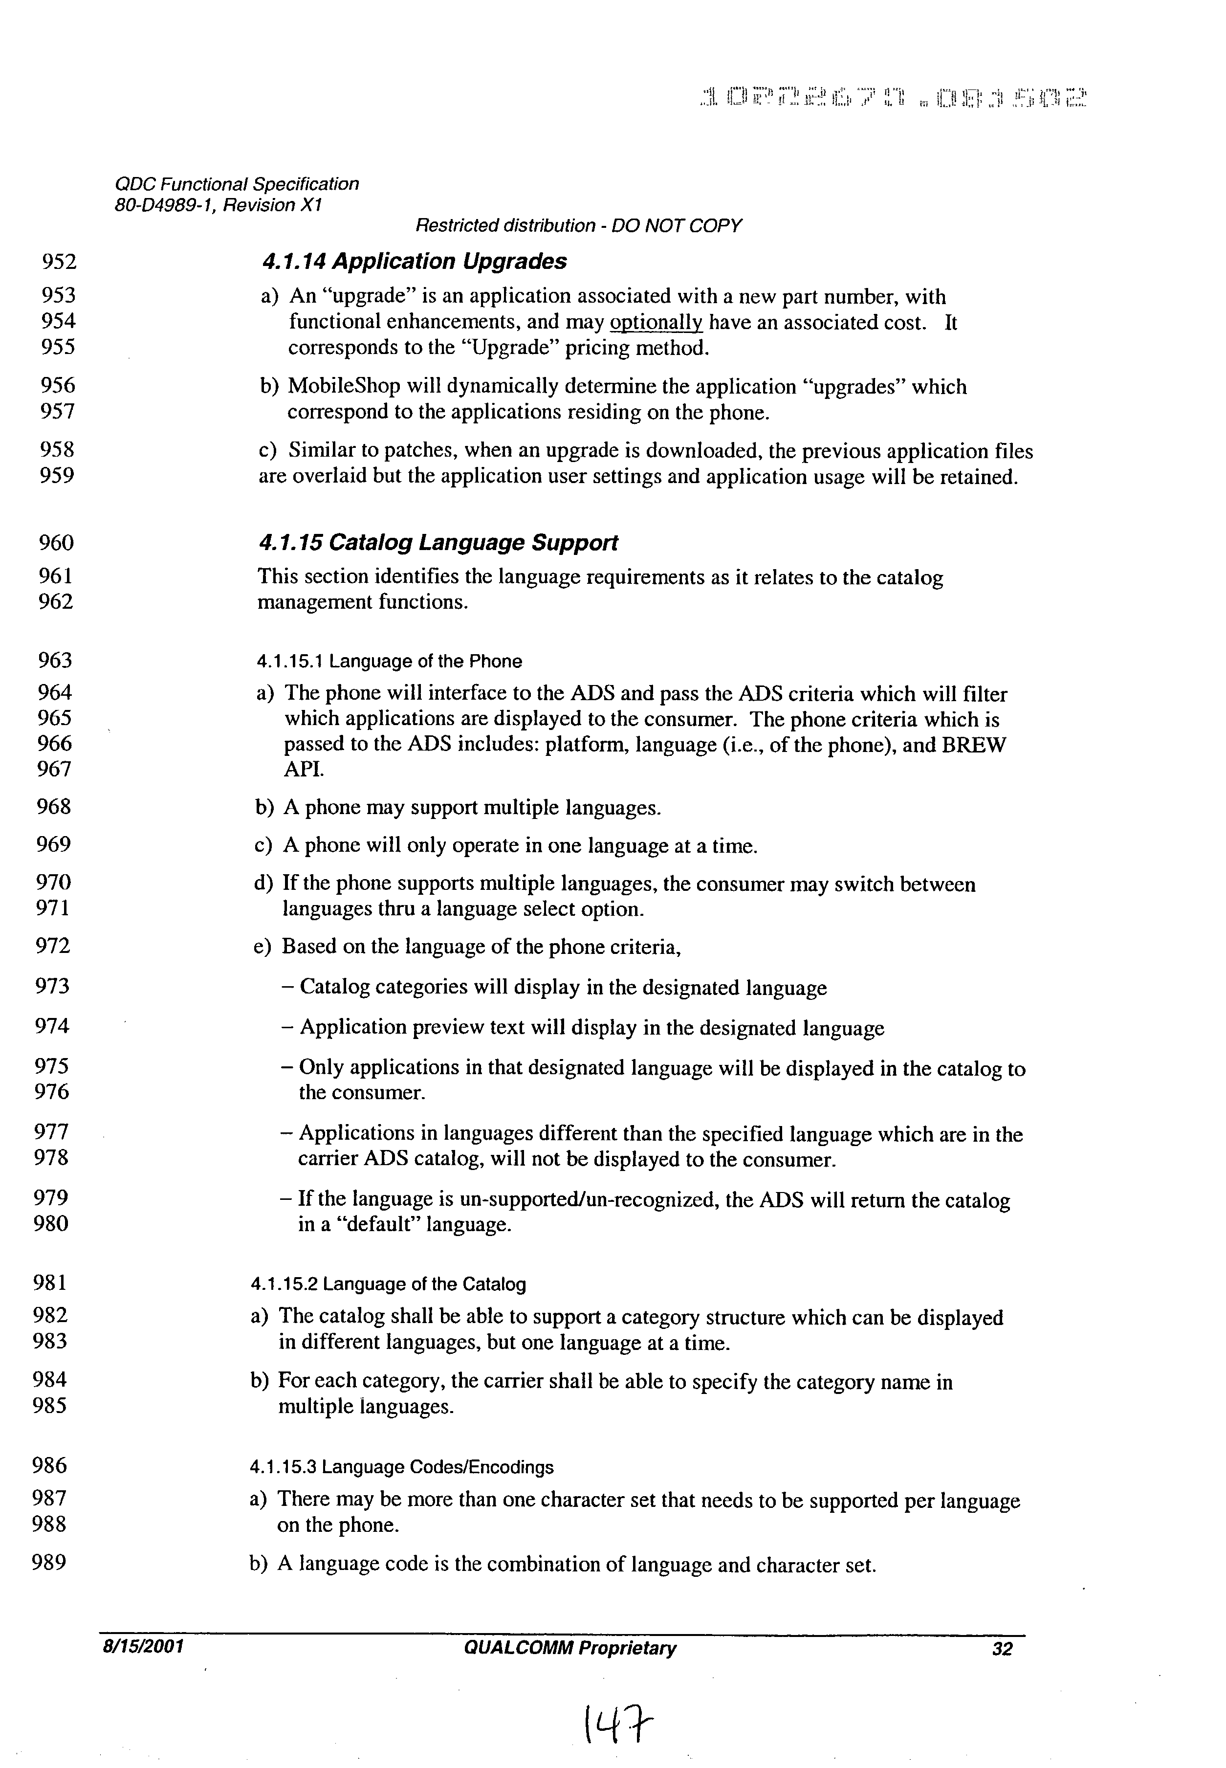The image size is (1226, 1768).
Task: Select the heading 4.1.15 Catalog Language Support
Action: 438,543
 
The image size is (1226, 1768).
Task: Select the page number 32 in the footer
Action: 1002,1649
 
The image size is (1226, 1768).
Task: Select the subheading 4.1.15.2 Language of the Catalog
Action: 388,1284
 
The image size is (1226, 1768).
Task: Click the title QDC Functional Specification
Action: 236,184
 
